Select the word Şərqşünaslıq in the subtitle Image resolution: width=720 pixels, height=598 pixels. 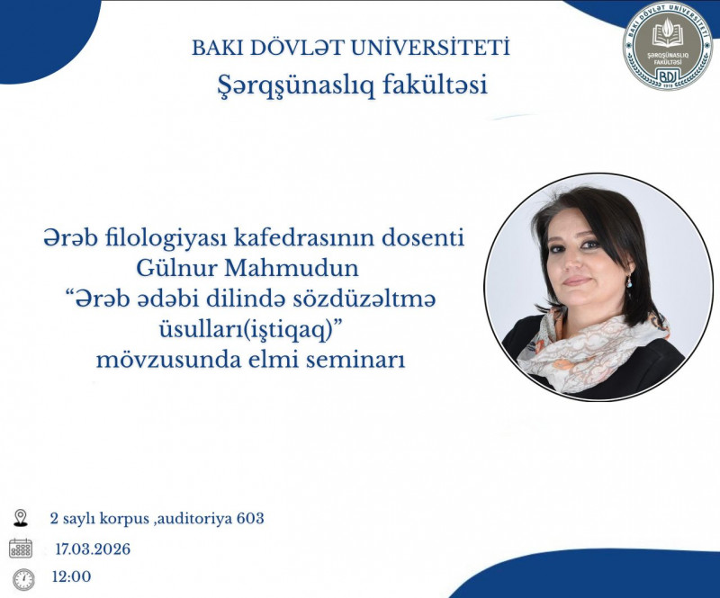point(296,86)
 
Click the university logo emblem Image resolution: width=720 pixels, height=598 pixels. point(667,45)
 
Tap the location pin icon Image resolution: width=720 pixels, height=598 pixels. point(22,517)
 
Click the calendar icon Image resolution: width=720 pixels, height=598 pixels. point(21,548)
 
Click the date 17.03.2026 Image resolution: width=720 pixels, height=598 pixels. point(92,549)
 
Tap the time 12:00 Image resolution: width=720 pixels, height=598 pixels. point(73,577)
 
